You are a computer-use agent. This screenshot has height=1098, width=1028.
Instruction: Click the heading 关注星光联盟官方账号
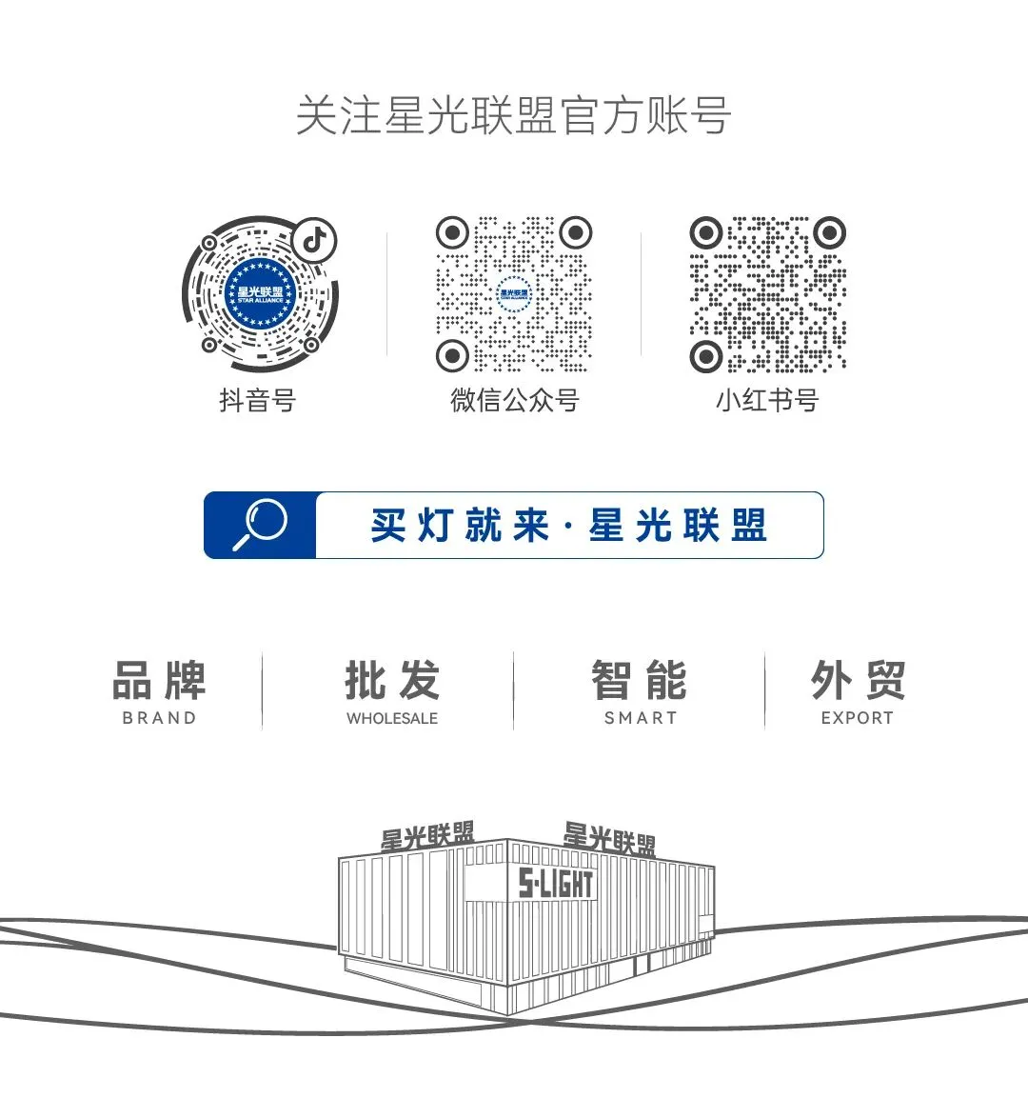[x=513, y=116]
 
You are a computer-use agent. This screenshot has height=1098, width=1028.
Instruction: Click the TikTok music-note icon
[x=314, y=238]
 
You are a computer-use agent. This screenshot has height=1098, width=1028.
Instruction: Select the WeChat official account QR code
[x=514, y=293]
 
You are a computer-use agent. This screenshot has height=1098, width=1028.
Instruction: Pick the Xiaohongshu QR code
[x=767, y=293]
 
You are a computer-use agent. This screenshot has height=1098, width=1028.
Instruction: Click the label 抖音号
[x=257, y=400]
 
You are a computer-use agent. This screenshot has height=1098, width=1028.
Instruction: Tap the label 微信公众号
[x=514, y=400]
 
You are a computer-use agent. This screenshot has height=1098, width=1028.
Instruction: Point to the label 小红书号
[x=767, y=400]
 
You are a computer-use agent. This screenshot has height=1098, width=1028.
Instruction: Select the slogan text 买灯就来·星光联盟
[x=568, y=526]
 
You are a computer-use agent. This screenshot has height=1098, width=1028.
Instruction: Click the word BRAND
[x=159, y=718]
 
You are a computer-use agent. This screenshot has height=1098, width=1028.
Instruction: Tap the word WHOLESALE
[x=392, y=718]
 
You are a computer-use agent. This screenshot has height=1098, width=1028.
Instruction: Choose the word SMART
[x=641, y=718]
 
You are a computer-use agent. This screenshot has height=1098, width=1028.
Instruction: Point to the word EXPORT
[x=858, y=718]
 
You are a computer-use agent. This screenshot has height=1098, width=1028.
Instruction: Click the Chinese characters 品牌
[x=159, y=680]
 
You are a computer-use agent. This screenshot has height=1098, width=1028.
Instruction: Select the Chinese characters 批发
[x=392, y=680]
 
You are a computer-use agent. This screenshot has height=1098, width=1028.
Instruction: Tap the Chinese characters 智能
[x=640, y=680]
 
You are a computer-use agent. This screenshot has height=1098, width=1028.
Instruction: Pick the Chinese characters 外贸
[x=858, y=680]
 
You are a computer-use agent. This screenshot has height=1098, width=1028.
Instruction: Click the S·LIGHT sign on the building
[x=556, y=884]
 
